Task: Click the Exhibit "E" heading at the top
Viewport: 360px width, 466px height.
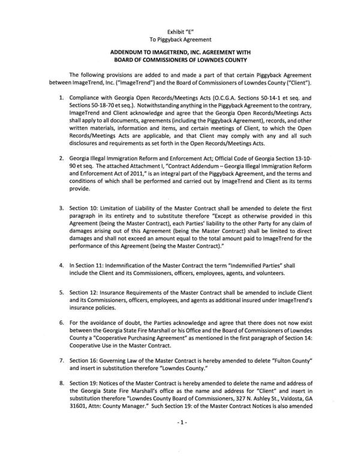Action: pos(180,29)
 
